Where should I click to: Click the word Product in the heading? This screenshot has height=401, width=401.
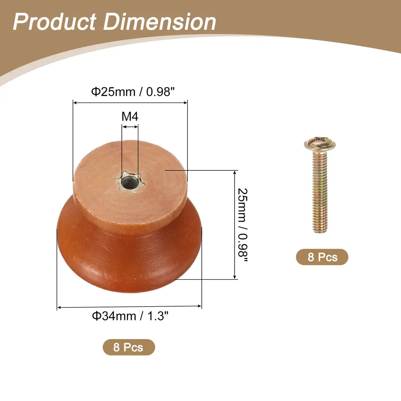pyautogui.click(x=54, y=22)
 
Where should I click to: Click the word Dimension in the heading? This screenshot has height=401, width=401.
pyautogui.click(x=160, y=22)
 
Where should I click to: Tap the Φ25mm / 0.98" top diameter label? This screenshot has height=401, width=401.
pyautogui.click(x=133, y=92)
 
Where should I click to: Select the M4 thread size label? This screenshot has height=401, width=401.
pyautogui.click(x=130, y=116)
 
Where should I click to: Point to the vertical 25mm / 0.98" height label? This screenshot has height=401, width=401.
pyautogui.click(x=242, y=225)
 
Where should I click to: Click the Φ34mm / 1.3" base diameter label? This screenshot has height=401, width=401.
pyautogui.click(x=130, y=316)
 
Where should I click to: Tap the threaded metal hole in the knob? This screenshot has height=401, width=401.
pyautogui.click(x=130, y=182)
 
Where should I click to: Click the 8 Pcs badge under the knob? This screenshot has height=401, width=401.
pyautogui.click(x=129, y=347)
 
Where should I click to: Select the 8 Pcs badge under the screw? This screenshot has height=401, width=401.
pyautogui.click(x=322, y=257)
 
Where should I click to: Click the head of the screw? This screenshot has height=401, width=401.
pyautogui.click(x=320, y=144)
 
